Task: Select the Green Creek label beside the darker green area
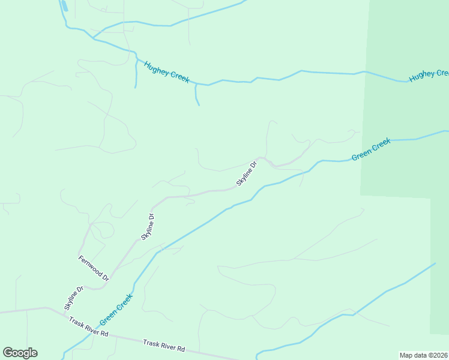coord(371,149)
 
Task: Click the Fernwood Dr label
coord(94,268)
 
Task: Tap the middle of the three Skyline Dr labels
coord(148,227)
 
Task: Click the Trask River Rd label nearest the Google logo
coord(88,326)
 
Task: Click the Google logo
coord(20,353)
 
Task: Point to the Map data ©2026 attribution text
coord(424,355)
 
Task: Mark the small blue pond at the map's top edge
coord(63,6)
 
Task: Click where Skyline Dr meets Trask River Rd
coord(65,313)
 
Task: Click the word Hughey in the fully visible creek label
coord(156,68)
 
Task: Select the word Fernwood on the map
coord(91,266)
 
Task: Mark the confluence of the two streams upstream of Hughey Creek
coord(93,38)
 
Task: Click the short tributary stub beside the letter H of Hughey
coord(136,75)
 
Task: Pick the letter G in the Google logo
coord(8,353)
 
